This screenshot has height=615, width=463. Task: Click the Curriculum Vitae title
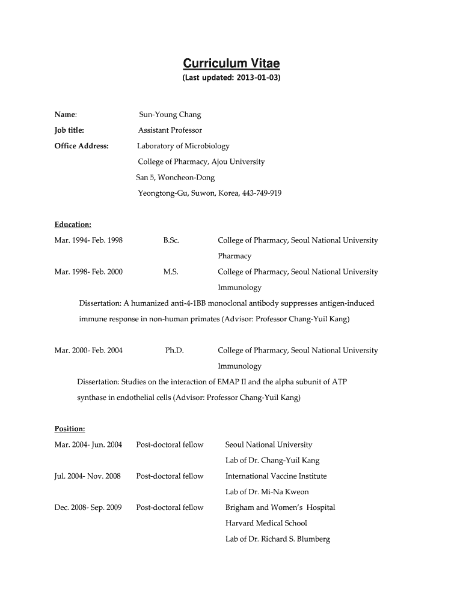coord(231,64)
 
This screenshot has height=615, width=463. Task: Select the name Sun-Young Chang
coord(170,114)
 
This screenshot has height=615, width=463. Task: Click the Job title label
coord(69,130)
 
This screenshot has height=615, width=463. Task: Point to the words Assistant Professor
coord(170,130)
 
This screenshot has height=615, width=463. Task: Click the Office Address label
coord(81,146)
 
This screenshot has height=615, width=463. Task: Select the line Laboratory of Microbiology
coord(183,146)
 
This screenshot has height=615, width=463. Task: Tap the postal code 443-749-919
coord(262,193)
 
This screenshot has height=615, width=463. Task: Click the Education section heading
coord(73,225)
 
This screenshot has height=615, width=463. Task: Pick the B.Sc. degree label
coord(171,240)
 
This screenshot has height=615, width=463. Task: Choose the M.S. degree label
coord(171,271)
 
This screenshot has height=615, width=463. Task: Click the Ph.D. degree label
coord(174,350)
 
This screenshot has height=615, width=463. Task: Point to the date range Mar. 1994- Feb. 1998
coord(88,240)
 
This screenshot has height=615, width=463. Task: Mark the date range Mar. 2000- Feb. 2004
coord(88,350)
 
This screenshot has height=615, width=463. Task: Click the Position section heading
coord(70,429)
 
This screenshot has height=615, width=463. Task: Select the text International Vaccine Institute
coord(276,476)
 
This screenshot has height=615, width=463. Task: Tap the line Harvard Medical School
coord(266,523)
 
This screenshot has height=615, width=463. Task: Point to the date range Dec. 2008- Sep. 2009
coord(88,507)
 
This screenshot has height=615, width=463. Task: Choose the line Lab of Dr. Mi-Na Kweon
coord(267,492)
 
